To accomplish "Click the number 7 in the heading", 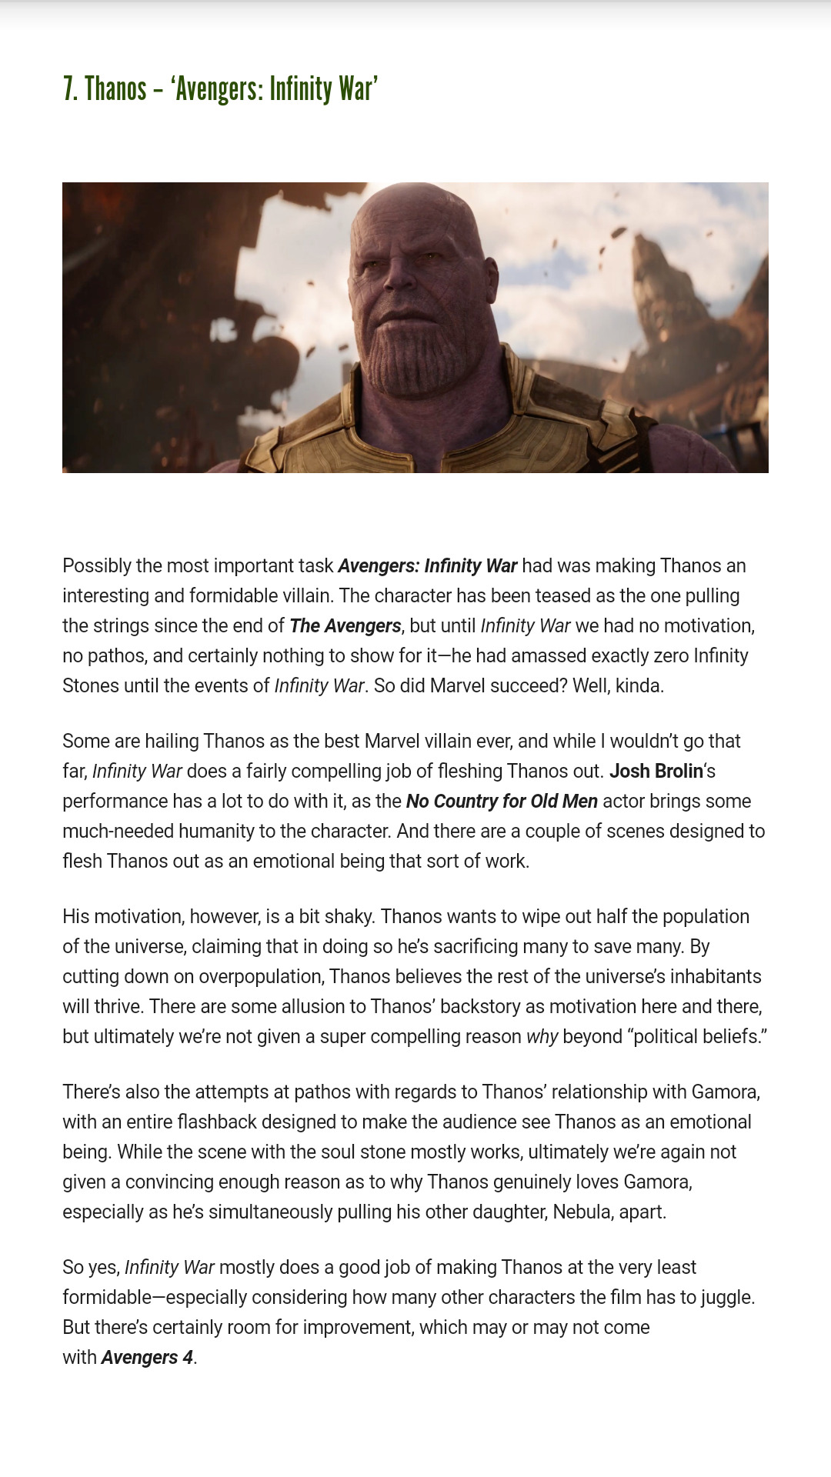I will tap(69, 89).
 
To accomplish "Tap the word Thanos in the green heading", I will tap(115, 89).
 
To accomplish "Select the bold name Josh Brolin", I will tap(656, 771).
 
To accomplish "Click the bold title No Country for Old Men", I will tap(502, 801).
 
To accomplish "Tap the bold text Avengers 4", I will tap(147, 1357).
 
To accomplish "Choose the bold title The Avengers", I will tap(345, 625).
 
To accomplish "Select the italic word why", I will tap(542, 1036).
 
